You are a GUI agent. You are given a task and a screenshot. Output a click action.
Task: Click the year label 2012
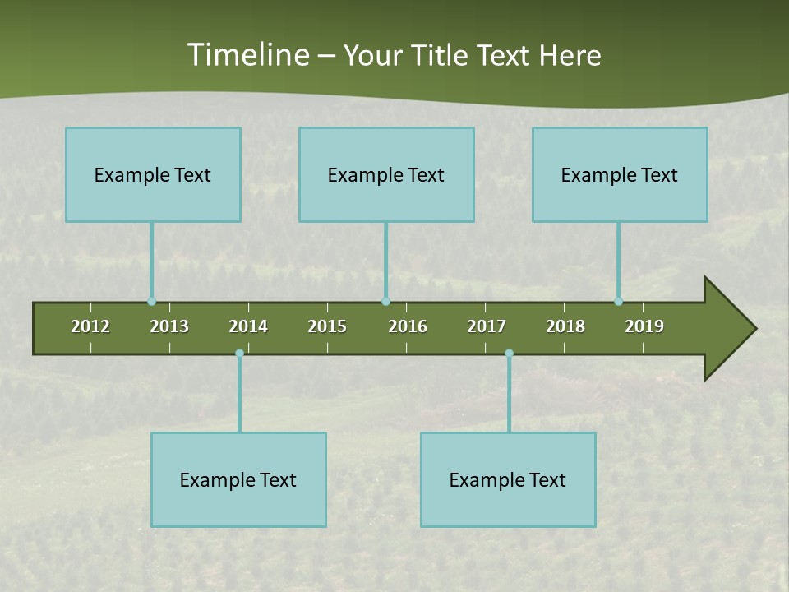(x=90, y=326)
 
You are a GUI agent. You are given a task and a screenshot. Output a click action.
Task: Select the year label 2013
(x=169, y=326)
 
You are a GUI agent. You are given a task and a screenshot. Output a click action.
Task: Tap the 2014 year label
(x=248, y=326)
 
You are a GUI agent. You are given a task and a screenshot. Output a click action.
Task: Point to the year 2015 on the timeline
(x=327, y=326)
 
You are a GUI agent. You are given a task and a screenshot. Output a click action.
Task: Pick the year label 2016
(x=408, y=326)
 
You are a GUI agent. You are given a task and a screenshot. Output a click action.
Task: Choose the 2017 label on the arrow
(x=487, y=326)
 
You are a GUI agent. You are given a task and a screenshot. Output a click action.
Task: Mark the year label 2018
(x=565, y=326)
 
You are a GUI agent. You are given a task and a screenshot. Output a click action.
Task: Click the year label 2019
(x=644, y=326)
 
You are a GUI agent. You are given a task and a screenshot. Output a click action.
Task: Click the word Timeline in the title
(x=247, y=55)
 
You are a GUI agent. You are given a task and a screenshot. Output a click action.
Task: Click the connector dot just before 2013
(x=151, y=302)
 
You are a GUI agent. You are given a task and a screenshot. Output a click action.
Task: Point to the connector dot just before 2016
(x=385, y=302)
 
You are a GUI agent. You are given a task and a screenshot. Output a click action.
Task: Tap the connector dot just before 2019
(x=618, y=302)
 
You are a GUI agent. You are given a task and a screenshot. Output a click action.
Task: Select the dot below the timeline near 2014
(x=239, y=354)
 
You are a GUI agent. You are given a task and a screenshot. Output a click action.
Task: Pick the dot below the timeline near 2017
(x=509, y=354)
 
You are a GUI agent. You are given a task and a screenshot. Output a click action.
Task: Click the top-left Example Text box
(x=153, y=175)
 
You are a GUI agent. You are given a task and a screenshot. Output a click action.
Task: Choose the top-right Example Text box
(x=620, y=175)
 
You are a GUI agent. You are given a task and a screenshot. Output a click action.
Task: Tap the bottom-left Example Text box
(x=238, y=480)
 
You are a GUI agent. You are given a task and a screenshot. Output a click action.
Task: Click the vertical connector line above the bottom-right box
(x=509, y=395)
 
